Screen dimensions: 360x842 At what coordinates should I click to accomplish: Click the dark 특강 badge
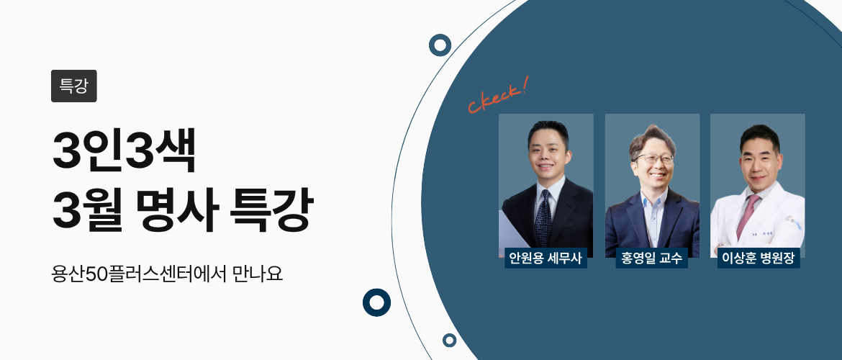[73, 86]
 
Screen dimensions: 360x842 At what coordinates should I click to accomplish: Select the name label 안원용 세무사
[546, 258]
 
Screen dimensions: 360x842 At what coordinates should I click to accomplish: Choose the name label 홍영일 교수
[651, 258]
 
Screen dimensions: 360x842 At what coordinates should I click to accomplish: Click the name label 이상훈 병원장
[758, 258]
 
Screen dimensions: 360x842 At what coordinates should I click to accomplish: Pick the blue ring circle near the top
[439, 45]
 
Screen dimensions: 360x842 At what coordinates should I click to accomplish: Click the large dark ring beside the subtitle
[376, 302]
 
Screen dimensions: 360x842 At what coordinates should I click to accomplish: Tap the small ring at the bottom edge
[450, 340]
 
